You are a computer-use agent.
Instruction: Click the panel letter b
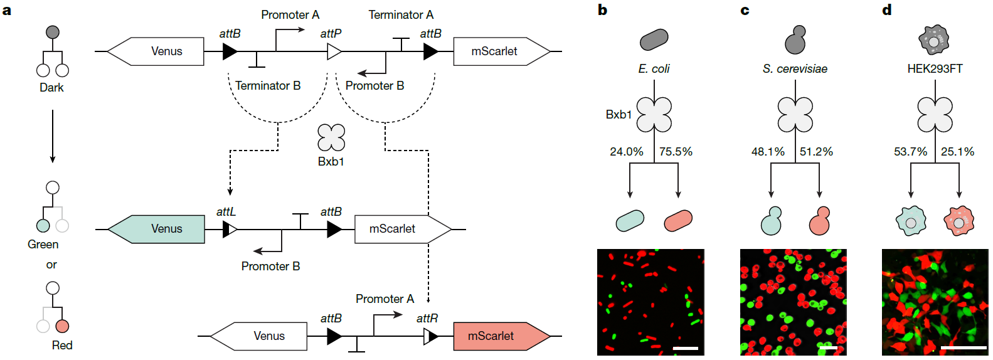click(x=602, y=10)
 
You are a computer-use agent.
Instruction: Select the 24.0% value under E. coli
click(x=626, y=152)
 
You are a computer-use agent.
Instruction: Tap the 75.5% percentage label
click(x=676, y=152)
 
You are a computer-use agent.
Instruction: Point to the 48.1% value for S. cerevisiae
click(x=768, y=152)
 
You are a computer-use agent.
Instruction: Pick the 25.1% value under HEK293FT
click(x=957, y=152)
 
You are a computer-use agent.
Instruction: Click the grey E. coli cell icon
click(x=654, y=40)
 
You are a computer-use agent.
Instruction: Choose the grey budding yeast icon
click(x=795, y=40)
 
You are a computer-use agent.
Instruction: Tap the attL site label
click(x=226, y=212)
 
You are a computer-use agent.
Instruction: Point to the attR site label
click(x=427, y=319)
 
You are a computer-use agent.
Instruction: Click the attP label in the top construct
click(x=331, y=34)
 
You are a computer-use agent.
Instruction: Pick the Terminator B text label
click(x=268, y=86)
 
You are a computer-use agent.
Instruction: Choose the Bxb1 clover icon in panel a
click(x=331, y=137)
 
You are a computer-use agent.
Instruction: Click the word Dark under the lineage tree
click(x=51, y=88)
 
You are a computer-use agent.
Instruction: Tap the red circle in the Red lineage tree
click(x=62, y=326)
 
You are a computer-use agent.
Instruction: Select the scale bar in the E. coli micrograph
click(x=685, y=347)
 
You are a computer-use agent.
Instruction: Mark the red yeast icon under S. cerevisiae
click(x=819, y=221)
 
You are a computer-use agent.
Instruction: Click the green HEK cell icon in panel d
click(x=910, y=221)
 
